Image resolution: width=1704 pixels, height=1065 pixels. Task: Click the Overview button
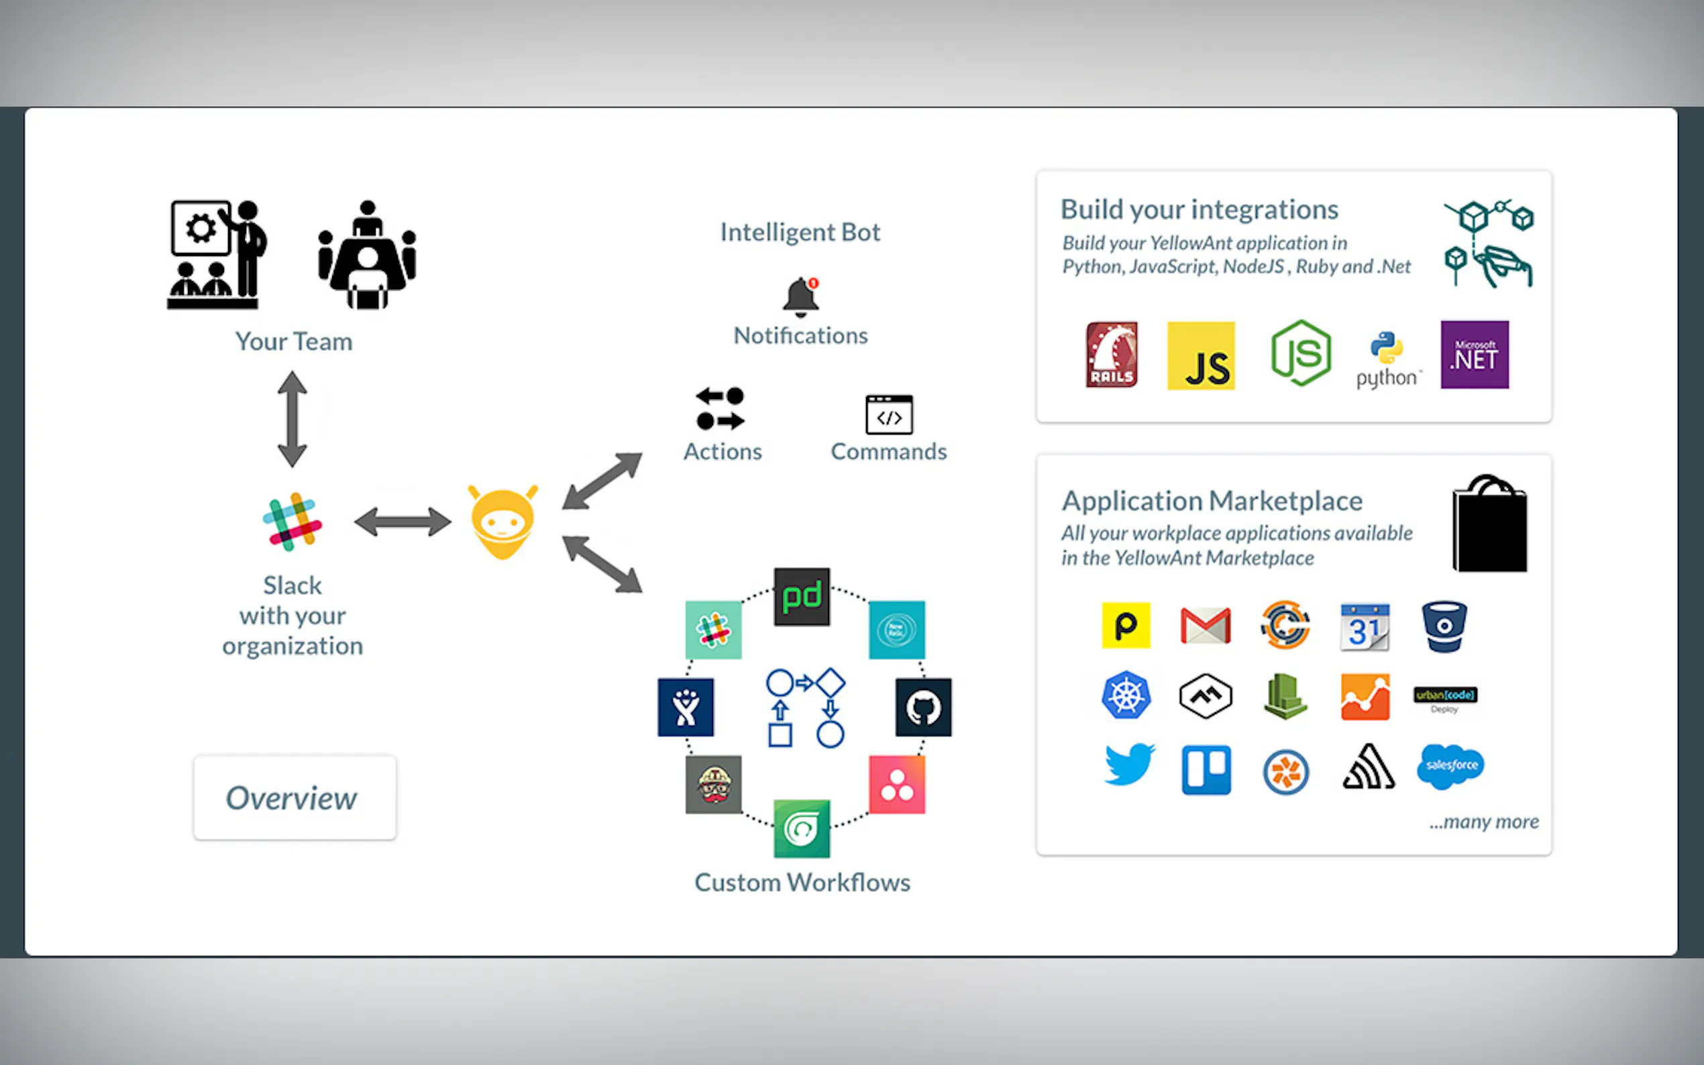[295, 797]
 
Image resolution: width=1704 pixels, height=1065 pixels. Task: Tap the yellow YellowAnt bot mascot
[502, 522]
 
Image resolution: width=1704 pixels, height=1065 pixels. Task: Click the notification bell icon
[801, 296]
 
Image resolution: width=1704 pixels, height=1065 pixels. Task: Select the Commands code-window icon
[889, 414]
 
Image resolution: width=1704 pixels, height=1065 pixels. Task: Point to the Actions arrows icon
[720, 408]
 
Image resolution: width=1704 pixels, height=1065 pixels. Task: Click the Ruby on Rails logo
[1111, 355]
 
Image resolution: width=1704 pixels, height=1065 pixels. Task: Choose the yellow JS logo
[1200, 355]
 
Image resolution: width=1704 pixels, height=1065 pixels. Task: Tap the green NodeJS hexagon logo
[1300, 353]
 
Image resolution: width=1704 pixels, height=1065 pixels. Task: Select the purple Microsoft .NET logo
[1475, 354]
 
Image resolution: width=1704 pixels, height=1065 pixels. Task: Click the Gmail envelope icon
[1206, 626]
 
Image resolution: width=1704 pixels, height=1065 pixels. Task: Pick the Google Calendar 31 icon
[1365, 627]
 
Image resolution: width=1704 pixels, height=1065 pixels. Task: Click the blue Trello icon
[1206, 769]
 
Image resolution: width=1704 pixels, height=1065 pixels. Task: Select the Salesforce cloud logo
[1450, 766]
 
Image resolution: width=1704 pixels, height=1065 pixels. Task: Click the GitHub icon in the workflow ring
[923, 707]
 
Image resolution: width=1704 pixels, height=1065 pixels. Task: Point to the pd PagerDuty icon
[802, 597]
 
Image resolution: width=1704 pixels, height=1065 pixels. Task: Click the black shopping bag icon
[1489, 524]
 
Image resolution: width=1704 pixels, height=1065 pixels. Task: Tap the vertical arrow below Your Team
[292, 419]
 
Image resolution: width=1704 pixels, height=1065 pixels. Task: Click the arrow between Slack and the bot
[403, 522]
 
